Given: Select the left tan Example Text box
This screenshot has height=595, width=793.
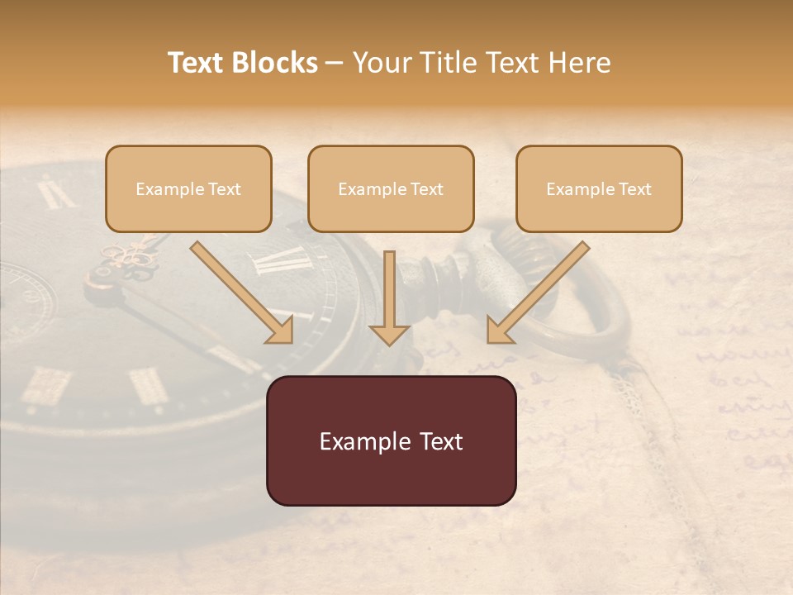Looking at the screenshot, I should tap(188, 189).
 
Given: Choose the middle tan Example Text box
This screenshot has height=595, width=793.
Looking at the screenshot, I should tap(391, 189).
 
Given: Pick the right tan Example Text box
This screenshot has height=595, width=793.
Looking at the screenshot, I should tap(599, 189).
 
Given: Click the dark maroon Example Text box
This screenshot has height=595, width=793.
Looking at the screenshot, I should tap(391, 440).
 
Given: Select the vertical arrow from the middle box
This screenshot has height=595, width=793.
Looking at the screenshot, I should tap(389, 289).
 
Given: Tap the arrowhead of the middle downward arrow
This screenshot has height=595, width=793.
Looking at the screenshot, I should tap(389, 333).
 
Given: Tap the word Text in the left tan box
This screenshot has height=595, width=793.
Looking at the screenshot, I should tap(225, 189).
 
